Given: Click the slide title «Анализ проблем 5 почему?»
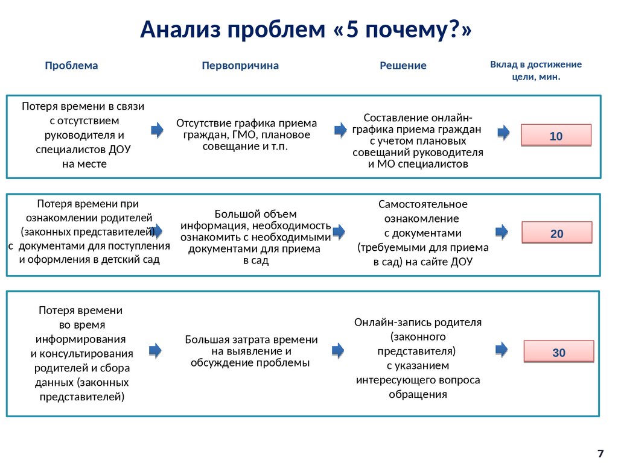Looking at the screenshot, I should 306,30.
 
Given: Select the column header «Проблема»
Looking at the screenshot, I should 71,65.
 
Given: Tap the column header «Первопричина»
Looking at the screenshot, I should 240,65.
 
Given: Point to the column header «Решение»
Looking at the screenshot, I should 403,66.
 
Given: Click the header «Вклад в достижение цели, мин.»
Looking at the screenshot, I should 536,70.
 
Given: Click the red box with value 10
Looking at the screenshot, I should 556,136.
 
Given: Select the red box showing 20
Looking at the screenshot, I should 556,233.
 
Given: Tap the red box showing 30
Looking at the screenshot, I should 558,353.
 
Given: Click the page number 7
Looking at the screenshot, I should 600,453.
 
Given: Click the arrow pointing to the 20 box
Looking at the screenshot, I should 502,231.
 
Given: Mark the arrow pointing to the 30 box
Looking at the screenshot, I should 502,349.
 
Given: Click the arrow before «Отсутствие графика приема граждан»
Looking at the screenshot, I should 157,130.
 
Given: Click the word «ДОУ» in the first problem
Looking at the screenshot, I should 119,149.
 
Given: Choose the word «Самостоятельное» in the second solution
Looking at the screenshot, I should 422,204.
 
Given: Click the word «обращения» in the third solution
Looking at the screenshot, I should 418,394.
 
